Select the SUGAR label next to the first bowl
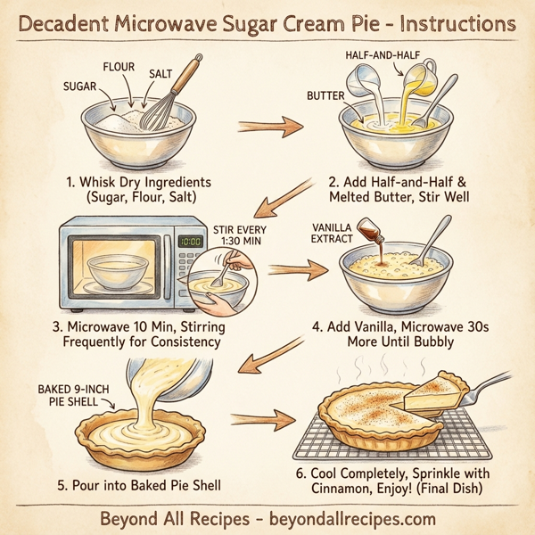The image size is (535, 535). pos(79,87)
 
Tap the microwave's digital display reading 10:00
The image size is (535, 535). pos(190,241)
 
